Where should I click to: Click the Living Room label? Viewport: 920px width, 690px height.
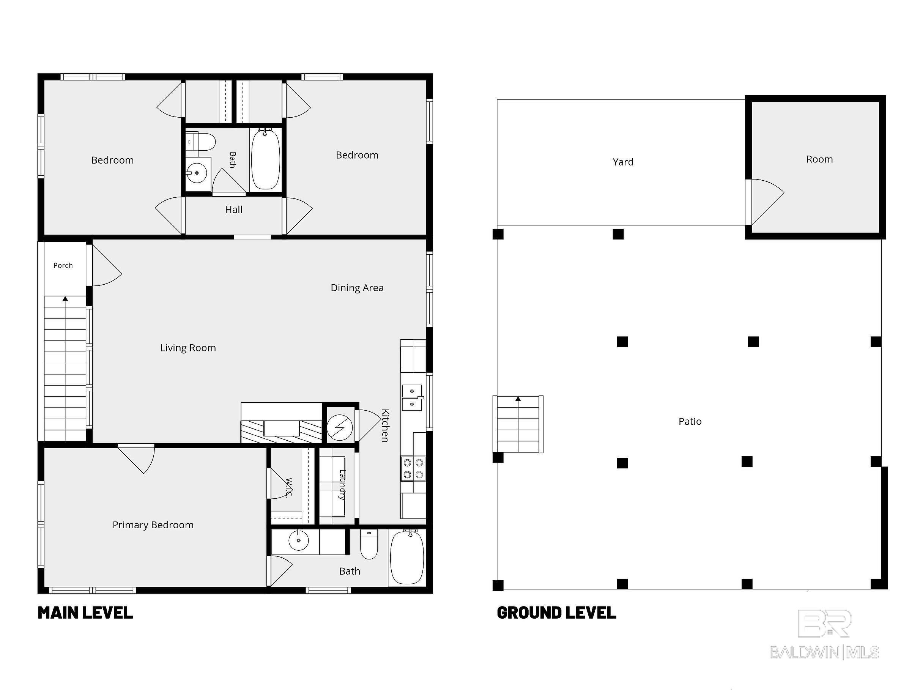pos(188,348)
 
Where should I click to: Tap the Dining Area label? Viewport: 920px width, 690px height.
pos(357,288)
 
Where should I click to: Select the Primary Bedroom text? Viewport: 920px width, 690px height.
pos(153,525)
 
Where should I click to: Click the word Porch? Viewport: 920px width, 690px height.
pos(63,265)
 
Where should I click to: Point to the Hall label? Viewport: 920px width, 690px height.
pos(233,210)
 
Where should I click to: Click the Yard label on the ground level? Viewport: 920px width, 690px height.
pos(623,162)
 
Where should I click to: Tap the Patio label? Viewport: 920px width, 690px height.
pos(690,421)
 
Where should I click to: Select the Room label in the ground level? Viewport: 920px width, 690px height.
pos(819,159)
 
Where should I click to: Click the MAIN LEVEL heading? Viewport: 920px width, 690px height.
pos(85,613)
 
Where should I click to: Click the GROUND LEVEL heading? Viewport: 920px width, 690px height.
pos(556,613)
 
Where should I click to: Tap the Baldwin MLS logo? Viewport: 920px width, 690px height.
pos(824,635)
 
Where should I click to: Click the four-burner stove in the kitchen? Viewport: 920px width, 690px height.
pos(413,469)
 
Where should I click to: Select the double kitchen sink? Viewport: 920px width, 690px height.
pos(412,398)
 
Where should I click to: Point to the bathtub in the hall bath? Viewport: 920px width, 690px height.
pos(265,159)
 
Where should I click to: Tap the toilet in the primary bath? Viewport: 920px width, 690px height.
pos(369,544)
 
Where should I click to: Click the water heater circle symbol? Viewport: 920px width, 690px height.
pos(340,427)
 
